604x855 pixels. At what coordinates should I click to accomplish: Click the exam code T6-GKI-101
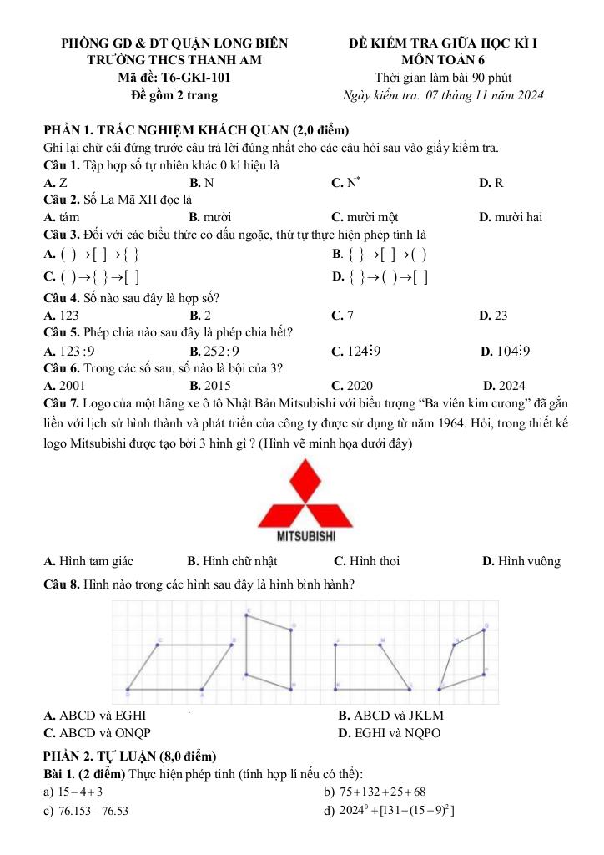(x=196, y=78)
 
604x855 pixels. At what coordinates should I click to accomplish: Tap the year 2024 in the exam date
(x=528, y=95)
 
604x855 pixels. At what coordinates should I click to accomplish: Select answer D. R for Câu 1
(x=491, y=182)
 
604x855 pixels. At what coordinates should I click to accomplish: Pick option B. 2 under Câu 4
(x=200, y=316)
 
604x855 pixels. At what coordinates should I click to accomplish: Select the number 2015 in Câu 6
(x=216, y=386)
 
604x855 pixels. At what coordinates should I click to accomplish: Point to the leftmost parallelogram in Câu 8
(x=181, y=665)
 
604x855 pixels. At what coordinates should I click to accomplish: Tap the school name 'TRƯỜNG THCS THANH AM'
(x=174, y=60)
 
